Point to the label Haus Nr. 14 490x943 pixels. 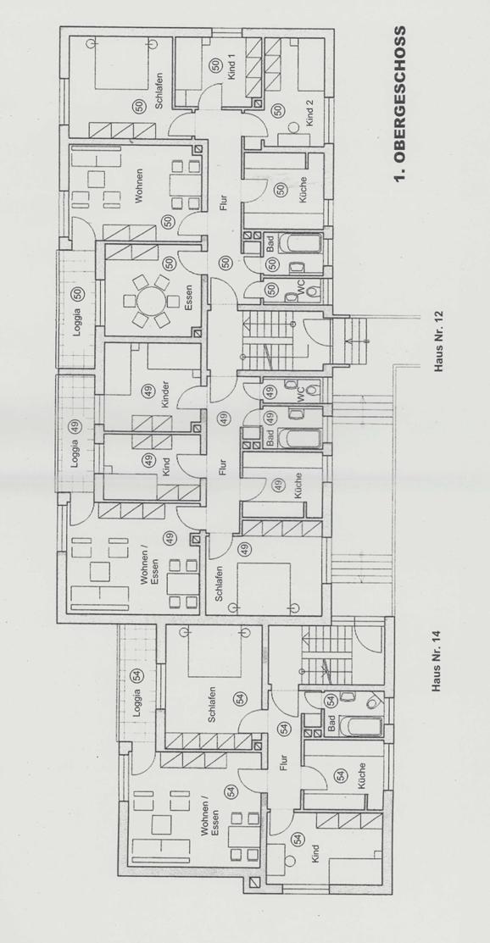437,660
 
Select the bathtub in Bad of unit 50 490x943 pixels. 298,246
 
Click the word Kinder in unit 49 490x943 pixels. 165,395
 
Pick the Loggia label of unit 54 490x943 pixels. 138,701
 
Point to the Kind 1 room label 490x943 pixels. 231,69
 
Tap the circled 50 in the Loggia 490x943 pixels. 78,294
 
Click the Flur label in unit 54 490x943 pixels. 283,762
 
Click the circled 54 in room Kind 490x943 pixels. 296,840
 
